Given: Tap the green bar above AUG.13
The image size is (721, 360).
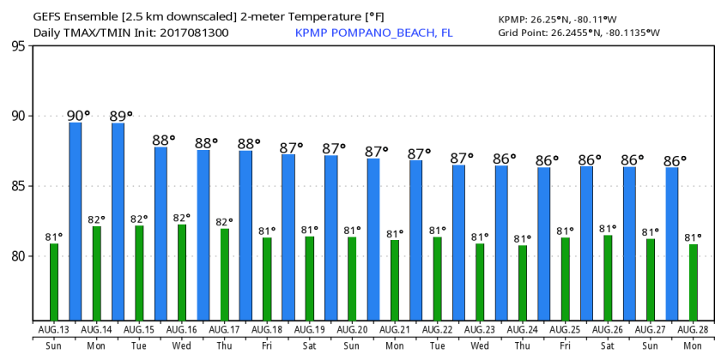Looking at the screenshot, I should click(x=54, y=282).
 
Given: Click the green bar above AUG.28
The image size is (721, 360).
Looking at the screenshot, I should click(x=694, y=282).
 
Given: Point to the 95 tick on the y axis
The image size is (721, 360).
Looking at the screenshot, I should click(x=17, y=46).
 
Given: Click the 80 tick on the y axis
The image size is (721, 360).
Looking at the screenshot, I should click(x=17, y=256).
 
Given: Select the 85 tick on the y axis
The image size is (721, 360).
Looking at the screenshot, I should click(x=17, y=186).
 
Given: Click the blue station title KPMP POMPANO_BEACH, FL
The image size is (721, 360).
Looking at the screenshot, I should click(x=373, y=33).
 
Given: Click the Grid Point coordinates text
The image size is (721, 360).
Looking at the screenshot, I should click(x=579, y=33).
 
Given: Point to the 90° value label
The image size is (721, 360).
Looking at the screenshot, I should click(x=78, y=115).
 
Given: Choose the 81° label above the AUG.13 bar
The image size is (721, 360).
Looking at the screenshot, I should click(x=54, y=237).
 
